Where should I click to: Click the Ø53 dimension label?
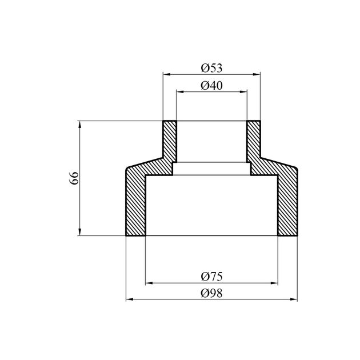click(x=211, y=68)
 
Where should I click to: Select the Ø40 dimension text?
click(x=211, y=86)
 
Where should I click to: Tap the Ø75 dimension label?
click(x=211, y=277)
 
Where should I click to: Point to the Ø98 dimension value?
click(x=211, y=293)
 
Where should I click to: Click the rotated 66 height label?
click(x=74, y=178)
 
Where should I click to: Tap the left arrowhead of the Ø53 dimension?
click(x=166, y=74)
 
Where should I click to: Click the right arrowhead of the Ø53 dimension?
click(x=257, y=74)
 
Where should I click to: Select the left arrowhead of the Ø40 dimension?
click(x=180, y=92)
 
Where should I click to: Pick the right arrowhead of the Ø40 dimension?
click(x=243, y=92)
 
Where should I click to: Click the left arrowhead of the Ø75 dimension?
click(x=149, y=283)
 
